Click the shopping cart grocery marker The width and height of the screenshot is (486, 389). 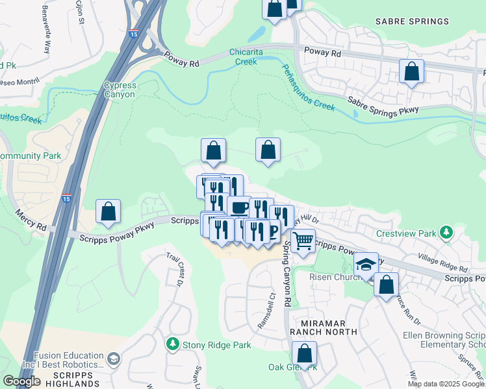pyautogui.click(x=303, y=241)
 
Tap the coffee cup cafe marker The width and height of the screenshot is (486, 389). pyautogui.click(x=239, y=207)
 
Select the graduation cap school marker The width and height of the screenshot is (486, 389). pyautogui.click(x=366, y=264)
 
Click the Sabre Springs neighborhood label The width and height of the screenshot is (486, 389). pyautogui.click(x=412, y=21)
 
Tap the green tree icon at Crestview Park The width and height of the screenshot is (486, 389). pyautogui.click(x=446, y=232)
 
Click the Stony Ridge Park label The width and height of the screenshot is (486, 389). pyautogui.click(x=216, y=345)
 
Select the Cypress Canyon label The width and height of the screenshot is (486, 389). pyautogui.click(x=119, y=89)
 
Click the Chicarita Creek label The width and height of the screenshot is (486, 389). pyautogui.click(x=244, y=57)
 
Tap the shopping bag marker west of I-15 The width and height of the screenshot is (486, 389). pyautogui.click(x=108, y=211)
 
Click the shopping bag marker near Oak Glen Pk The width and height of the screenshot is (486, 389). pyautogui.click(x=304, y=353)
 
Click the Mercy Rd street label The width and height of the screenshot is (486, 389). pyautogui.click(x=32, y=220)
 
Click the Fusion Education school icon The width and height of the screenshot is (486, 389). pyautogui.click(x=113, y=359)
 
